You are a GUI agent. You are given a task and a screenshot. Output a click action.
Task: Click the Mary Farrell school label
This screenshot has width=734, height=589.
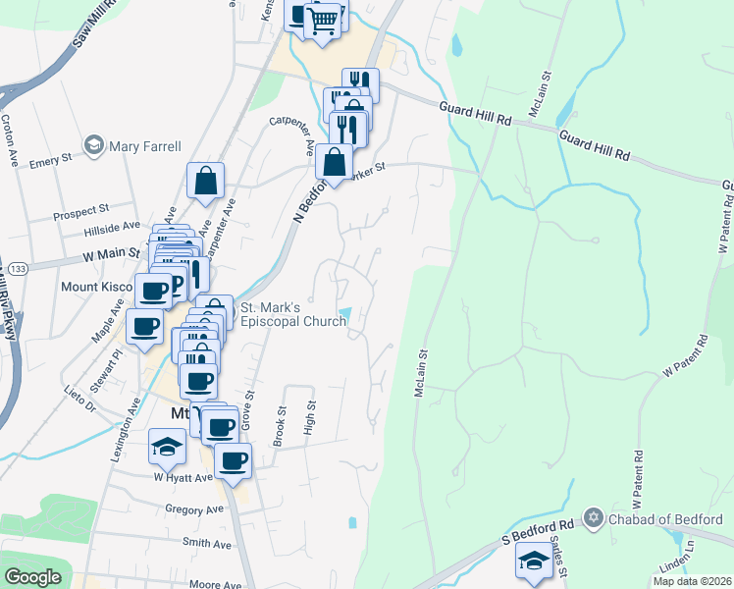(x=145, y=146)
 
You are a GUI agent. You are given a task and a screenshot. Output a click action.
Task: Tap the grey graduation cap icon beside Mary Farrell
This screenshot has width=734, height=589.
(x=95, y=145)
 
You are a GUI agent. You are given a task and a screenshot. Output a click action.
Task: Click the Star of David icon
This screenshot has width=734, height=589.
(x=593, y=517)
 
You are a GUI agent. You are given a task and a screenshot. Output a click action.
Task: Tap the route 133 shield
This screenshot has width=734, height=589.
(x=17, y=268)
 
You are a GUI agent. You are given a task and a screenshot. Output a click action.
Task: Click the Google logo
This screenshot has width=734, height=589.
(x=32, y=577)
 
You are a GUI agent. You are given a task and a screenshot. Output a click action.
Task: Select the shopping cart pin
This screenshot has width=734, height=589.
(x=322, y=20)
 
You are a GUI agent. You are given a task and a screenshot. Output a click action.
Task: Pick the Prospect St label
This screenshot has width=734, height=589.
(x=80, y=210)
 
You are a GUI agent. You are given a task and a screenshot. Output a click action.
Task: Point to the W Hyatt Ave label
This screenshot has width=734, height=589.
(x=183, y=477)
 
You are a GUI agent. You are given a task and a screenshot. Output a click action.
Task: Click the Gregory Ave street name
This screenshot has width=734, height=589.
(x=194, y=509)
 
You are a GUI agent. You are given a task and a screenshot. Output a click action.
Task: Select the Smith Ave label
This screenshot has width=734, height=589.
(x=206, y=543)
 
